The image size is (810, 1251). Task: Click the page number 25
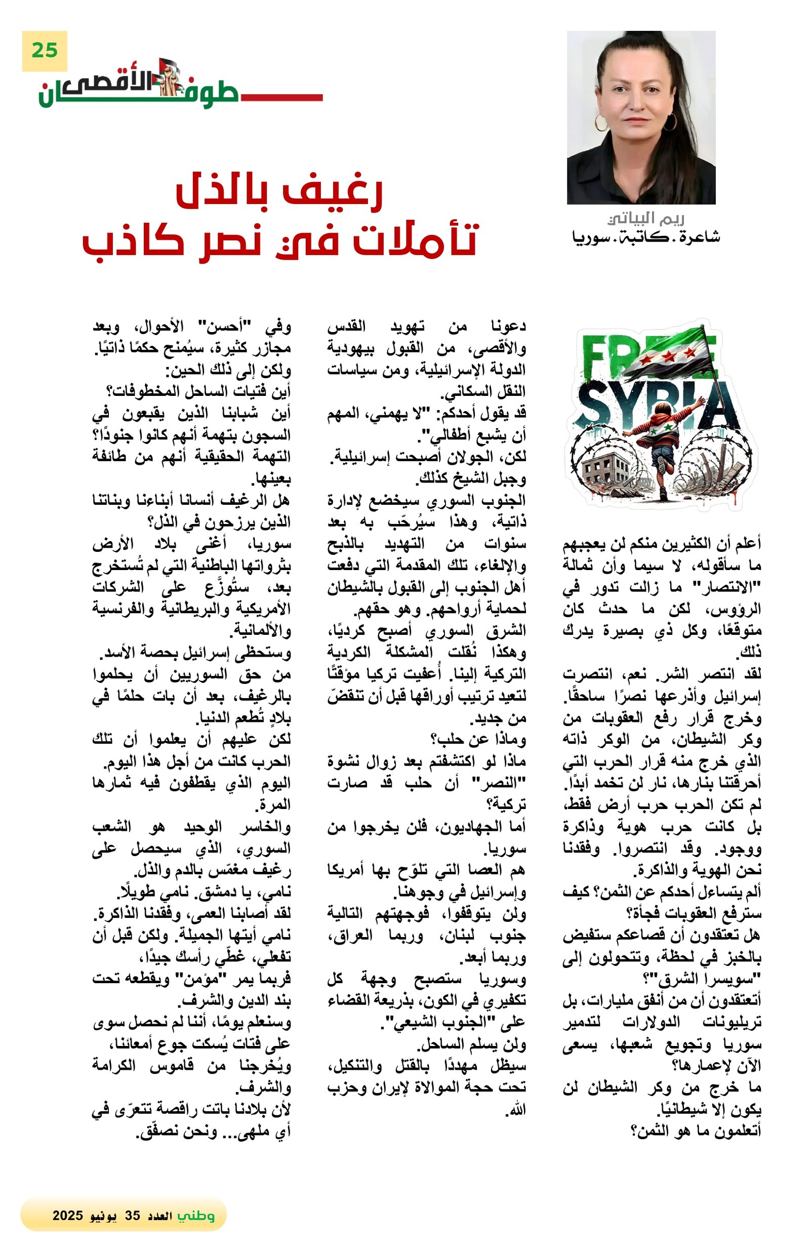pos(44,51)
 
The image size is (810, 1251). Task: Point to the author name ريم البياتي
pos(645,218)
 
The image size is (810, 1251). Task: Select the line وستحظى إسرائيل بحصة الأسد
pos(195,653)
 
